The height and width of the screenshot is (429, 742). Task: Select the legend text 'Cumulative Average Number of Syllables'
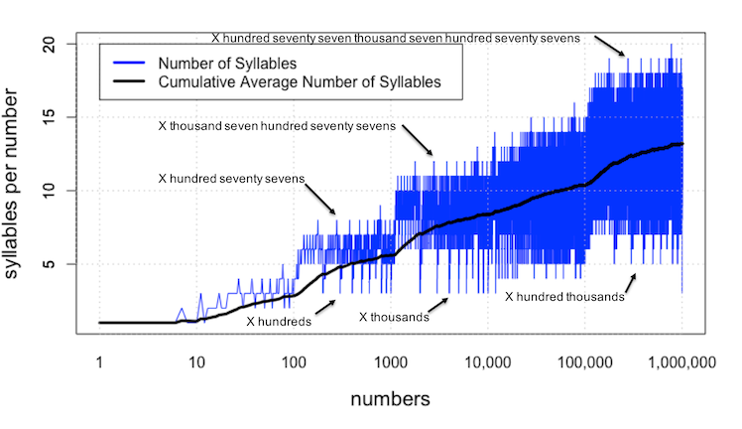[x=300, y=83]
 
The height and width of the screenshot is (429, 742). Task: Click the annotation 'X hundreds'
[x=279, y=322]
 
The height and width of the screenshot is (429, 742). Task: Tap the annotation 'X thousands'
[x=394, y=318]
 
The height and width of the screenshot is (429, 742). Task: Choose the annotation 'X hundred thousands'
[x=565, y=296]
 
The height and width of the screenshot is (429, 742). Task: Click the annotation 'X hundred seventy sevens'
[x=231, y=179]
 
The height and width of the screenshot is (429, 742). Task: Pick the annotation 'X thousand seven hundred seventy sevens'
[x=277, y=127]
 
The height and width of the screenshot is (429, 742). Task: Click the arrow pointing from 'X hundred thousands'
[x=628, y=280]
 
